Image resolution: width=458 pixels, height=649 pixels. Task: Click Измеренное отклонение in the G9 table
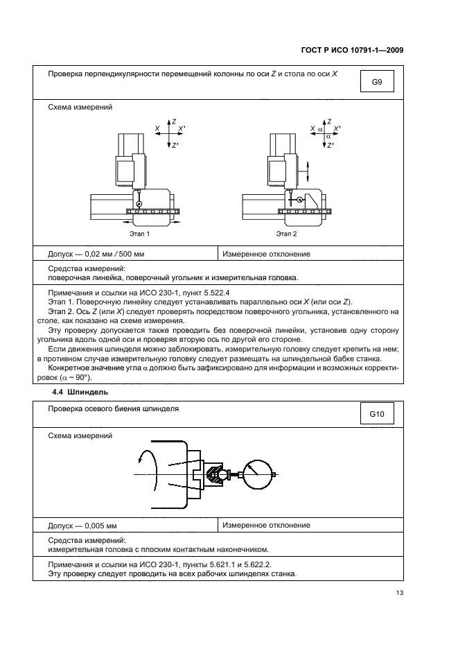point(266,254)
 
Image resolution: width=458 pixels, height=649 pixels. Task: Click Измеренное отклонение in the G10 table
point(266,525)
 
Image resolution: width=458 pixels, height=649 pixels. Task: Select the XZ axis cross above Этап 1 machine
point(170,132)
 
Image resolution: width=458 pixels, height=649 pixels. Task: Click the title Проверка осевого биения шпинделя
point(114,409)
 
